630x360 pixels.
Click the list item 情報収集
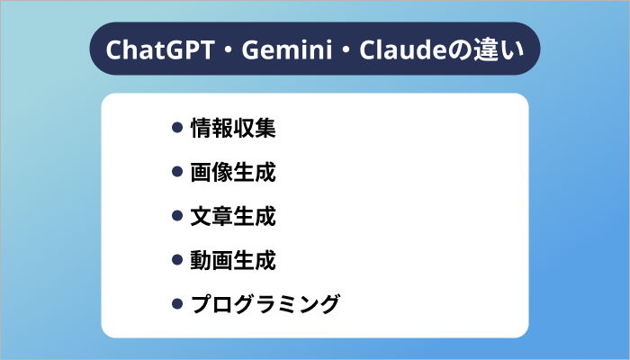pyautogui.click(x=233, y=129)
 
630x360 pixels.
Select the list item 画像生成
pyautogui.click(x=233, y=173)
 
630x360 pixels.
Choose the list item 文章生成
pyautogui.click(x=233, y=217)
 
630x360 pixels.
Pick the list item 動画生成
pyautogui.click(x=233, y=261)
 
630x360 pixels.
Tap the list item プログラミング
pyautogui.click(x=265, y=305)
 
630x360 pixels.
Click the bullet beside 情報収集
pyautogui.click(x=177, y=129)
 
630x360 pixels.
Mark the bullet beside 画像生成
pyautogui.click(x=177, y=173)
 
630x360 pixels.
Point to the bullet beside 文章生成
pyautogui.click(x=177, y=217)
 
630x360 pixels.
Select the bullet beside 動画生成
pyautogui.click(x=177, y=261)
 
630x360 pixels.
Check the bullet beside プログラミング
pyautogui.click(x=177, y=305)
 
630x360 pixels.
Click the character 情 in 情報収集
pyautogui.click(x=202, y=129)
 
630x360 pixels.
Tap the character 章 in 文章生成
pyautogui.click(x=222, y=217)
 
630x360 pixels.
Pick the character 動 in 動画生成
pyautogui.click(x=202, y=261)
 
